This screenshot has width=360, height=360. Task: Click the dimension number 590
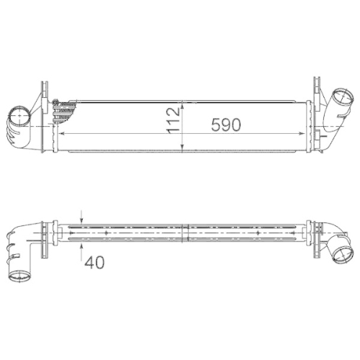(225, 124)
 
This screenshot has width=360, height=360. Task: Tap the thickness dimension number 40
(94, 262)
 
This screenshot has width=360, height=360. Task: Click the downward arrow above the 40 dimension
(82, 218)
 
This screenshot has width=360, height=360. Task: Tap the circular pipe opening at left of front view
(19, 115)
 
